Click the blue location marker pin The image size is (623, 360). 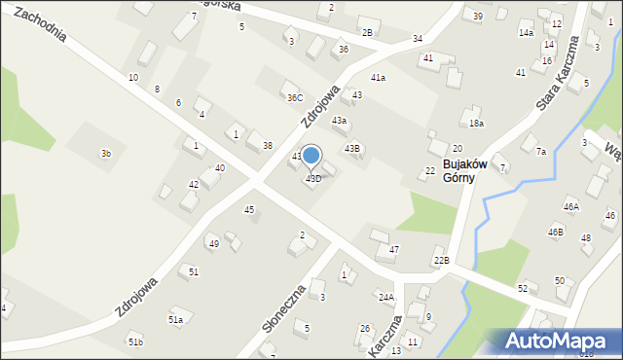tap(311, 156)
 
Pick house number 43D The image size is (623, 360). tap(313, 179)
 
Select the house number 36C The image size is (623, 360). tap(294, 97)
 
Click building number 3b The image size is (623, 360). tap(106, 154)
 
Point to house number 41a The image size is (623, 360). tap(377, 78)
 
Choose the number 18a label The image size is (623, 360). tap(476, 124)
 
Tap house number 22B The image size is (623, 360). tap(441, 261)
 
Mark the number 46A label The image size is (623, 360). tap(570, 207)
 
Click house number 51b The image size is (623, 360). tap(135, 342)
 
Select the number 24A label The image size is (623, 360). tap(386, 297)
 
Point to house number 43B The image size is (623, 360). tap(352, 148)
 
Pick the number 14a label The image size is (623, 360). tap(526, 33)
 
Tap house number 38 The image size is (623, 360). tap(267, 146)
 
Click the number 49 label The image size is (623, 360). tap(213, 243)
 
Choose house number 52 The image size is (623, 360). tap(523, 288)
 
